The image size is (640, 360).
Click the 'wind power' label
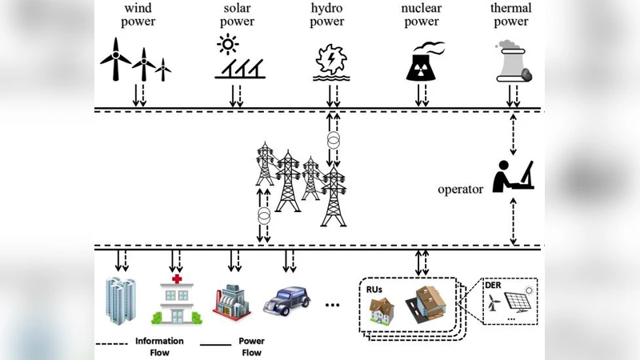[138, 14]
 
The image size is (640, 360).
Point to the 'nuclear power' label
[421, 14]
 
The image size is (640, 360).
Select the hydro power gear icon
[329, 60]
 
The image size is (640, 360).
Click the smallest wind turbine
[163, 69]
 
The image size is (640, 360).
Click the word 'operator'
[460, 190]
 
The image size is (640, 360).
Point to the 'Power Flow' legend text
[251, 346]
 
